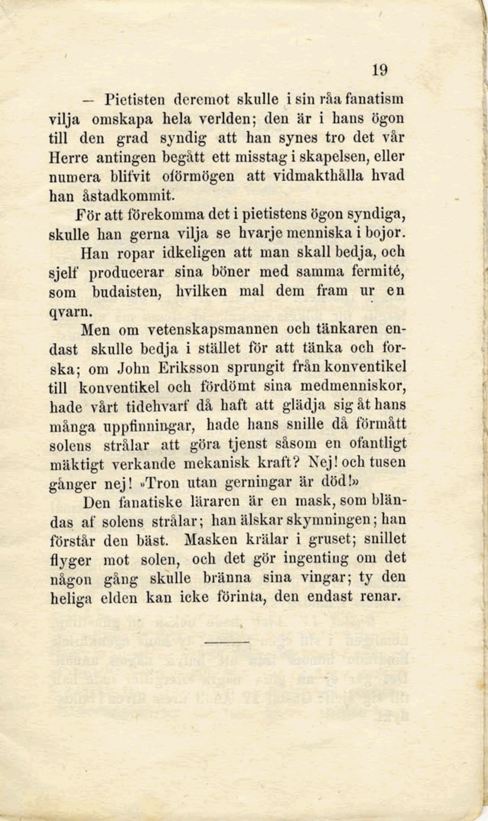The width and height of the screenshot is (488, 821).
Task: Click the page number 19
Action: pyautogui.click(x=380, y=70)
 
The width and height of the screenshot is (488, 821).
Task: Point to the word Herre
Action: pyautogui.click(x=68, y=158)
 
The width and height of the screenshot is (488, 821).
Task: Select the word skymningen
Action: pyautogui.click(x=333, y=520)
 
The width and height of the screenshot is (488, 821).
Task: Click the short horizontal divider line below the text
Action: pyautogui.click(x=227, y=642)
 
